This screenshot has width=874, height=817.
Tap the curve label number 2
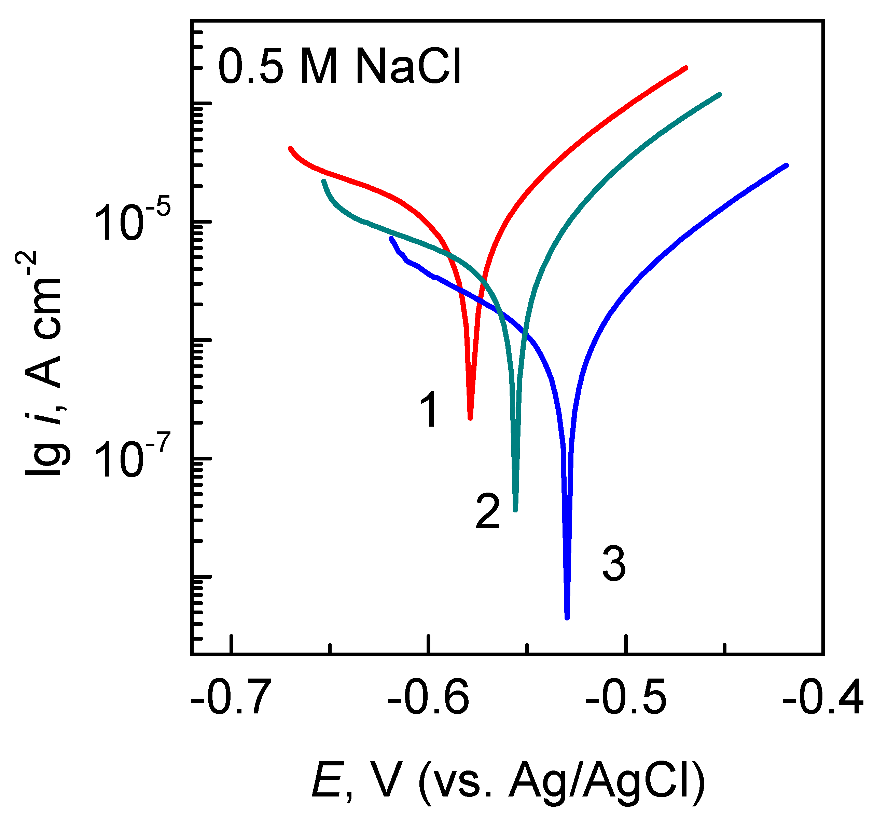coord(488,512)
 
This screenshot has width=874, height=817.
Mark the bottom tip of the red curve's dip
coord(470,418)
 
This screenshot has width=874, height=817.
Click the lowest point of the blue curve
coord(567,618)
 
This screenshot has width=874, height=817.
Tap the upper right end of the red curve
coord(686,68)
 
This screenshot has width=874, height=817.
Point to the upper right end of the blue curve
coord(787,165)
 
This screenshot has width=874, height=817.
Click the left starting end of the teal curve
coord(323,181)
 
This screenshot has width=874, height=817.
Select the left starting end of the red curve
coord(290,148)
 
